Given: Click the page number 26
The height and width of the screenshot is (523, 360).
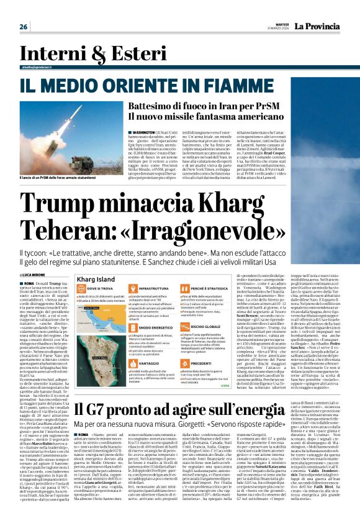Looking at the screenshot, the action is pos(24,26).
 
